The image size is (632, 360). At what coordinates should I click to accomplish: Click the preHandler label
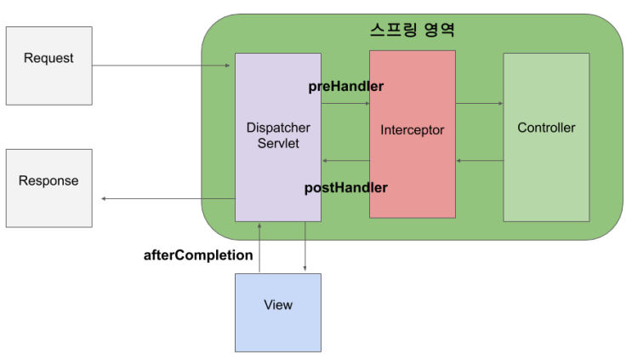coord(345,86)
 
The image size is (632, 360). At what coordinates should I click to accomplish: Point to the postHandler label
coord(345,187)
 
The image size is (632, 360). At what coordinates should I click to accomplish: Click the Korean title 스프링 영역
coord(413,30)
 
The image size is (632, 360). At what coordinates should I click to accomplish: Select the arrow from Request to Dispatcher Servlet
coord(162,66)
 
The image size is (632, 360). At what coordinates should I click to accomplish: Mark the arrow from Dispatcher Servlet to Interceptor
coord(345,104)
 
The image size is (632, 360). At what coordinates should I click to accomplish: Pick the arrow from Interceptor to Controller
coord(479,104)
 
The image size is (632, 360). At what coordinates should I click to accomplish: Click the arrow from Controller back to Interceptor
coord(479,161)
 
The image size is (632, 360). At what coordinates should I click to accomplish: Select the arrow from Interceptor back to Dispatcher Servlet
coord(345,161)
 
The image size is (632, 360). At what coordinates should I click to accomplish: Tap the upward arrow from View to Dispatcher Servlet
coord(259,248)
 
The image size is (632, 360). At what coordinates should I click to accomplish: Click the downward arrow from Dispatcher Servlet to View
coord(305,248)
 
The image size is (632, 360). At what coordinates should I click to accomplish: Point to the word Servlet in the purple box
coord(278,143)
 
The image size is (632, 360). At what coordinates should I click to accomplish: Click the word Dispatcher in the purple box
coord(278,128)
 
